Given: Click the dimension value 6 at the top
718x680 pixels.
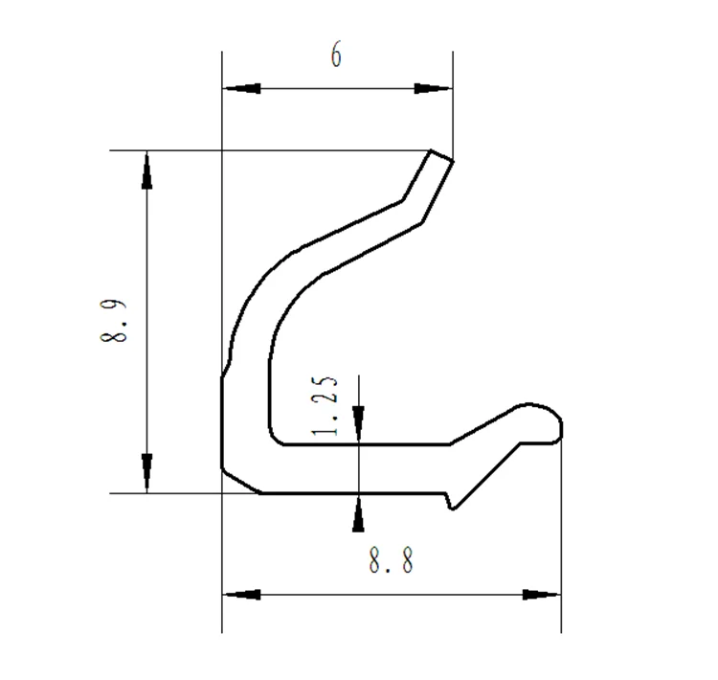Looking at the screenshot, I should pyautogui.click(x=336, y=57).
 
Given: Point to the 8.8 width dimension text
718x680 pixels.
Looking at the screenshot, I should pyautogui.click(x=392, y=560).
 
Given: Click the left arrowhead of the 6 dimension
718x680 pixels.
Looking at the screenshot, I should pyautogui.click(x=241, y=89).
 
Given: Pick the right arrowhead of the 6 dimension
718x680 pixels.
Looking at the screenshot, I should pyautogui.click(x=433, y=89).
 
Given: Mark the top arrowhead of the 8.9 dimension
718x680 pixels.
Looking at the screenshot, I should pyautogui.click(x=146, y=170).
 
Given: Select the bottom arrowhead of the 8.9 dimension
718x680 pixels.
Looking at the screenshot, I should pyautogui.click(x=146, y=474).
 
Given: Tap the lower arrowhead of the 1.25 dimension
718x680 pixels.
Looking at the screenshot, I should pyautogui.click(x=358, y=514).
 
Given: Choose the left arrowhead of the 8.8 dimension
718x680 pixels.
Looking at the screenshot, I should pyautogui.click(x=241, y=595).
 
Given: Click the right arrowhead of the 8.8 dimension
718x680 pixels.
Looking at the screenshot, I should pyautogui.click(x=542, y=595).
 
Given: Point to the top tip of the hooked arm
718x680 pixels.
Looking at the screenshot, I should pyautogui.click(x=440, y=156).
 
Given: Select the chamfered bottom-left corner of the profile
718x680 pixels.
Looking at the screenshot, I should pyautogui.click(x=239, y=482).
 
